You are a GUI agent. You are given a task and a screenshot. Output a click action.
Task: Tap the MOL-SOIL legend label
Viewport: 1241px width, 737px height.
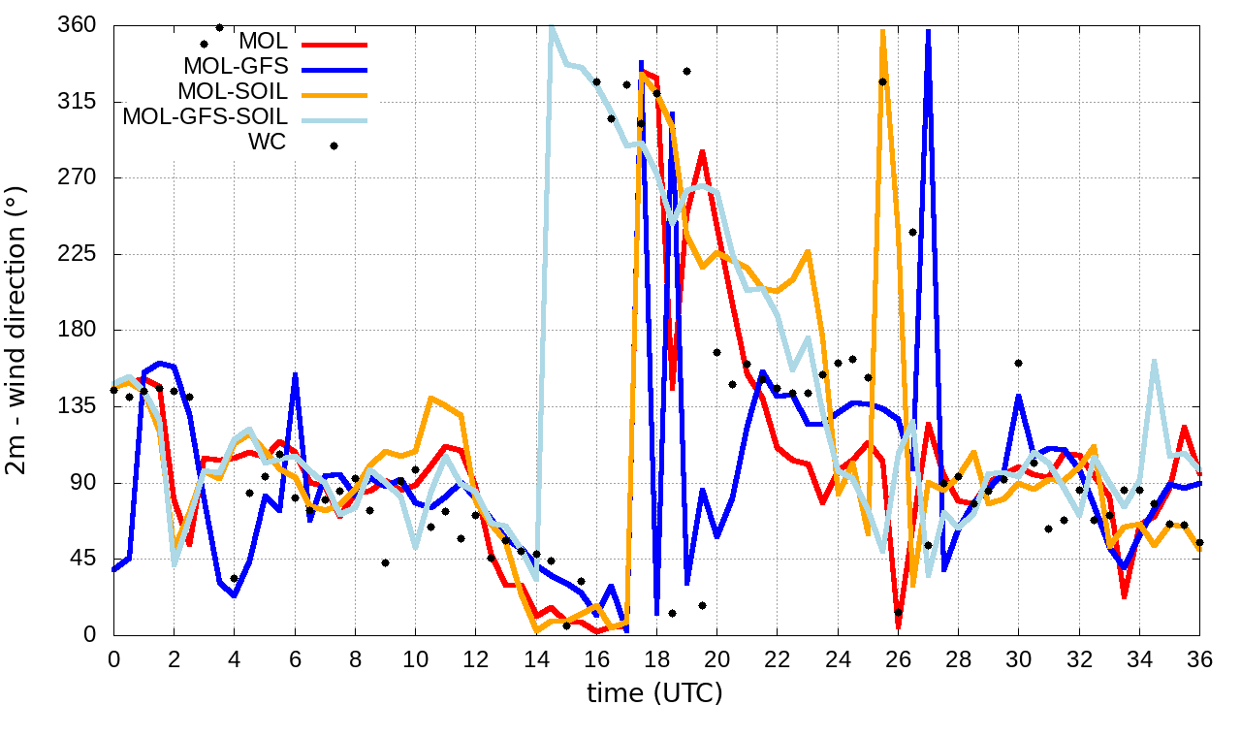click(x=233, y=92)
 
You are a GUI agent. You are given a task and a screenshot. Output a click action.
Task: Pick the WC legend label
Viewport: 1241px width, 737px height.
click(x=268, y=143)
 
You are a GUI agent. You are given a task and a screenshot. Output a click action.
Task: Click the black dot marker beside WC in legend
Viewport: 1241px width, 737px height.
click(x=334, y=145)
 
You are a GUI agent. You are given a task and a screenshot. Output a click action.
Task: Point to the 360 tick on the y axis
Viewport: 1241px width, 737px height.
click(x=77, y=25)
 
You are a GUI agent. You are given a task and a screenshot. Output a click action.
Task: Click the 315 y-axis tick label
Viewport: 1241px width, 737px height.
click(x=77, y=102)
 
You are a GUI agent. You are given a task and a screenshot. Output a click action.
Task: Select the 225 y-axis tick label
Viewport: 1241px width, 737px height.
click(x=77, y=254)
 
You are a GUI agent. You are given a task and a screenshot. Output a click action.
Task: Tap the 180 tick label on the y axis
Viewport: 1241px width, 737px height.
click(x=77, y=331)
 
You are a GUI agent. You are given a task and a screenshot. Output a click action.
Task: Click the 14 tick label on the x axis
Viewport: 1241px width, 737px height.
click(x=536, y=657)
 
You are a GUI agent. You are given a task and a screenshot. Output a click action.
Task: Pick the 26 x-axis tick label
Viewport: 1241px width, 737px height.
click(x=898, y=657)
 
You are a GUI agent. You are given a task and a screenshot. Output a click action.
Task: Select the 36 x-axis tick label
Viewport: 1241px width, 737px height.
click(x=1199, y=657)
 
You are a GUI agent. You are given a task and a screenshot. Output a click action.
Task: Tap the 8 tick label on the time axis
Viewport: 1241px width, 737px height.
click(x=355, y=657)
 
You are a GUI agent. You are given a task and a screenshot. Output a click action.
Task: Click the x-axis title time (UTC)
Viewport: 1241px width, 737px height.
click(x=654, y=692)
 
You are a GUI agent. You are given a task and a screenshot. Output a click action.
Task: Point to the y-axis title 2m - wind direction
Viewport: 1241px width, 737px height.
click(x=17, y=330)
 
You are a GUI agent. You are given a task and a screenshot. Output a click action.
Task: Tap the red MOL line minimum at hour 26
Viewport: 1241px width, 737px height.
click(x=898, y=625)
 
